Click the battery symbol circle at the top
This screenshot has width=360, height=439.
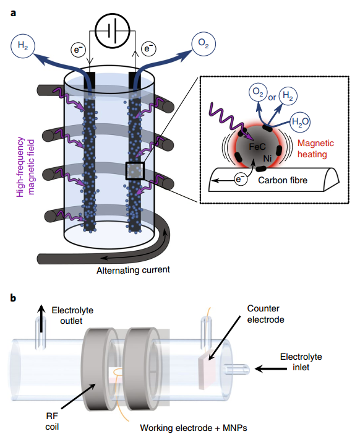pos(113,30)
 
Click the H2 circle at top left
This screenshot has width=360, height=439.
pos(23,46)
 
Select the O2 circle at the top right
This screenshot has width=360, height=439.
pos(204,44)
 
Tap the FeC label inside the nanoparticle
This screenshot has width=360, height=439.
pos(257,147)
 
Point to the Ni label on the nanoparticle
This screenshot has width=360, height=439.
pos(267,159)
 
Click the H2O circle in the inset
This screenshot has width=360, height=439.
pos(300,122)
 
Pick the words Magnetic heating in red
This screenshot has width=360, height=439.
pos(315,149)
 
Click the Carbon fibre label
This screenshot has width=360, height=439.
pos(283,180)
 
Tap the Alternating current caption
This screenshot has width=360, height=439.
pos(133,270)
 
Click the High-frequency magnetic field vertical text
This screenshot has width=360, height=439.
pos(25,167)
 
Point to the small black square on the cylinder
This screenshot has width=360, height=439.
pos(135,171)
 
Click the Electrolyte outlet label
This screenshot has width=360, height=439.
pos(72,316)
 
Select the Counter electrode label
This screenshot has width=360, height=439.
pos(265,314)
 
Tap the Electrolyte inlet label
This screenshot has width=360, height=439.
pos(301,362)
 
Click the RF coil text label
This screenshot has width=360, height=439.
pos(52,422)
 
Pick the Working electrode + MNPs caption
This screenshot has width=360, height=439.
pos(194,428)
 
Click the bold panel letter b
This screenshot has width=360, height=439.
pos(13,298)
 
